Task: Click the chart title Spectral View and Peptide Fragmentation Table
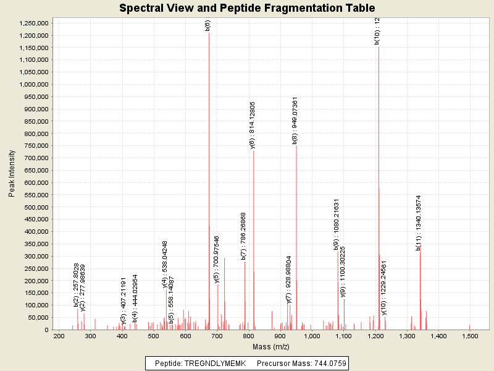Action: click(x=247, y=8)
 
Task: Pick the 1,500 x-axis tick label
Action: click(x=470, y=336)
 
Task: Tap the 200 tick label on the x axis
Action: click(x=59, y=336)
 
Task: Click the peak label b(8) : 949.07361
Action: click(x=295, y=121)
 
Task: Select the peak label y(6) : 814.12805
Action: click(x=253, y=125)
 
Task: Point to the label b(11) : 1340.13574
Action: click(x=418, y=223)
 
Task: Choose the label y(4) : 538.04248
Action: click(x=165, y=264)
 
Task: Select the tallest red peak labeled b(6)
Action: click(x=209, y=185)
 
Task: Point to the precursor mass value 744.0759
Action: click(x=325, y=364)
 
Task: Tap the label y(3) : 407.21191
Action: click(x=124, y=301)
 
